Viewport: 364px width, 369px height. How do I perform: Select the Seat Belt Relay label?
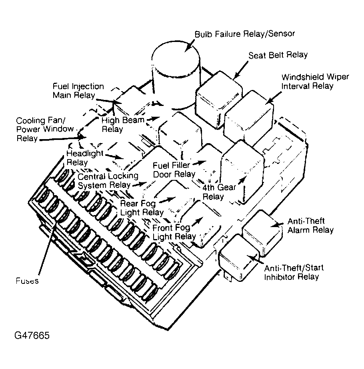tap(278, 55)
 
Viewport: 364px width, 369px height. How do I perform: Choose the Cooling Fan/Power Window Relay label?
tap(45, 129)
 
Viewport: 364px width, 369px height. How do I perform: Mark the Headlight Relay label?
tap(85, 158)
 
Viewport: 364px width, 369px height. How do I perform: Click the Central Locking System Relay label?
tap(108, 180)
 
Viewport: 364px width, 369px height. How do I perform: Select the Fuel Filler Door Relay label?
tap(174, 170)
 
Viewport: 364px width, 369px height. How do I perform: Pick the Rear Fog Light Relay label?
tap(142, 207)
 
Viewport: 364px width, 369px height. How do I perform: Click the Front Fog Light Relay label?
tap(174, 232)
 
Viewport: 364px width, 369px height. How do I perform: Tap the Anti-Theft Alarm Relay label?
tap(310, 225)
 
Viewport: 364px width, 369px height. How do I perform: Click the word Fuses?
tap(28, 281)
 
